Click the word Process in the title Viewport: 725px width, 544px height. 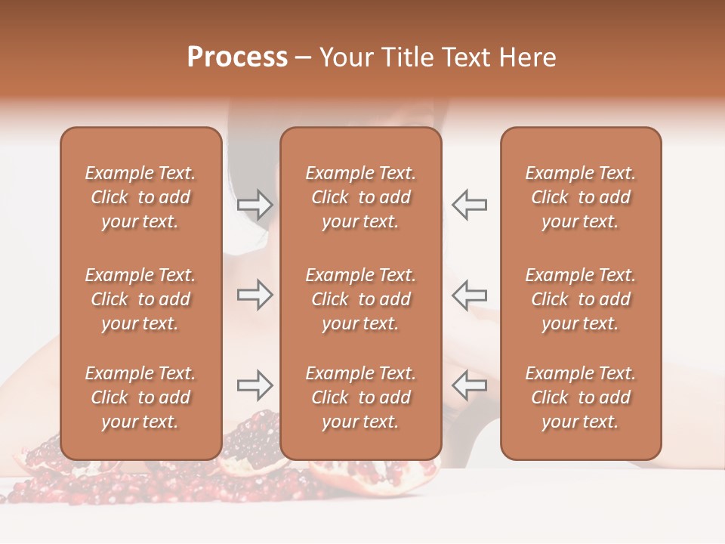[x=237, y=57]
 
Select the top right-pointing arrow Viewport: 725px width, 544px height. [x=255, y=204]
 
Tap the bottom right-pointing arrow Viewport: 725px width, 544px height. [x=255, y=385]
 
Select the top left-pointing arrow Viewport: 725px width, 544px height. [x=469, y=204]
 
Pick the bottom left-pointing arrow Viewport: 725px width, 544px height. [x=469, y=385]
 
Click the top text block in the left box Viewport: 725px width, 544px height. [x=140, y=197]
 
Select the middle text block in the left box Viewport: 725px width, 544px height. [x=140, y=299]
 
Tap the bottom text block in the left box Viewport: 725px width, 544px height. [x=140, y=397]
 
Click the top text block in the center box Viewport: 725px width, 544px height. [x=360, y=197]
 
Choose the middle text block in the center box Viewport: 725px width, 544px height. [x=360, y=299]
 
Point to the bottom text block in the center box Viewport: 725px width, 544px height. [x=360, y=397]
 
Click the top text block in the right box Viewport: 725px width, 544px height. [x=581, y=197]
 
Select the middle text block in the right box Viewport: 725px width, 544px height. [x=581, y=299]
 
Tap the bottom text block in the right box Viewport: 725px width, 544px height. [x=581, y=397]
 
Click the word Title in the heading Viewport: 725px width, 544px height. [x=408, y=57]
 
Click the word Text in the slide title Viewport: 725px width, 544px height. [x=465, y=57]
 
